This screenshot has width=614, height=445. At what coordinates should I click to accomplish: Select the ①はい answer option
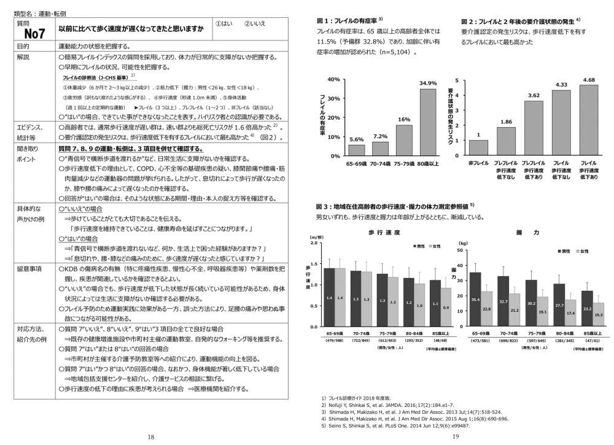click(225, 23)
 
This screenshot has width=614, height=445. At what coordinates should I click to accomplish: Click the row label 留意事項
click(29, 268)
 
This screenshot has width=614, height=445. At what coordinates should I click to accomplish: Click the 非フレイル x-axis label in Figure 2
click(478, 164)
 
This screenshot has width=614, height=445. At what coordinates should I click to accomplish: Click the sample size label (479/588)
click(334, 340)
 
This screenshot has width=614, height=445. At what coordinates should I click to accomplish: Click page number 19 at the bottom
click(456, 436)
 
